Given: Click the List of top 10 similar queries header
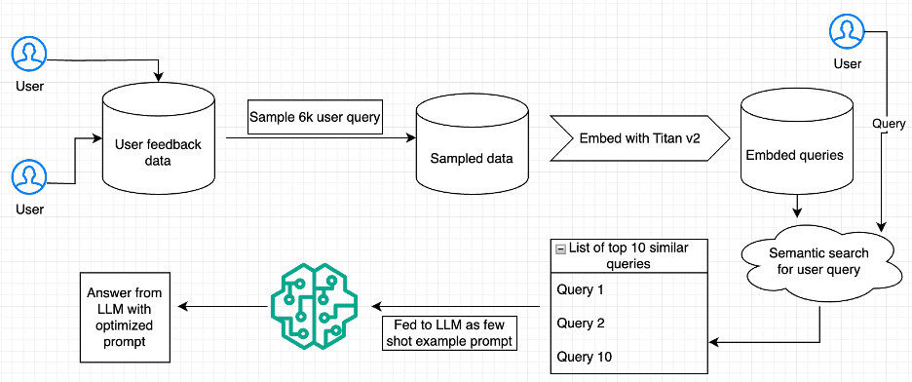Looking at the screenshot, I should point(623,255).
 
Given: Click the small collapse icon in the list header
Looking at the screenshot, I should point(560,249).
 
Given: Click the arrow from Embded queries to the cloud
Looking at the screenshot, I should point(798,208).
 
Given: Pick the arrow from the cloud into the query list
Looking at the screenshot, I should point(760,342).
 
